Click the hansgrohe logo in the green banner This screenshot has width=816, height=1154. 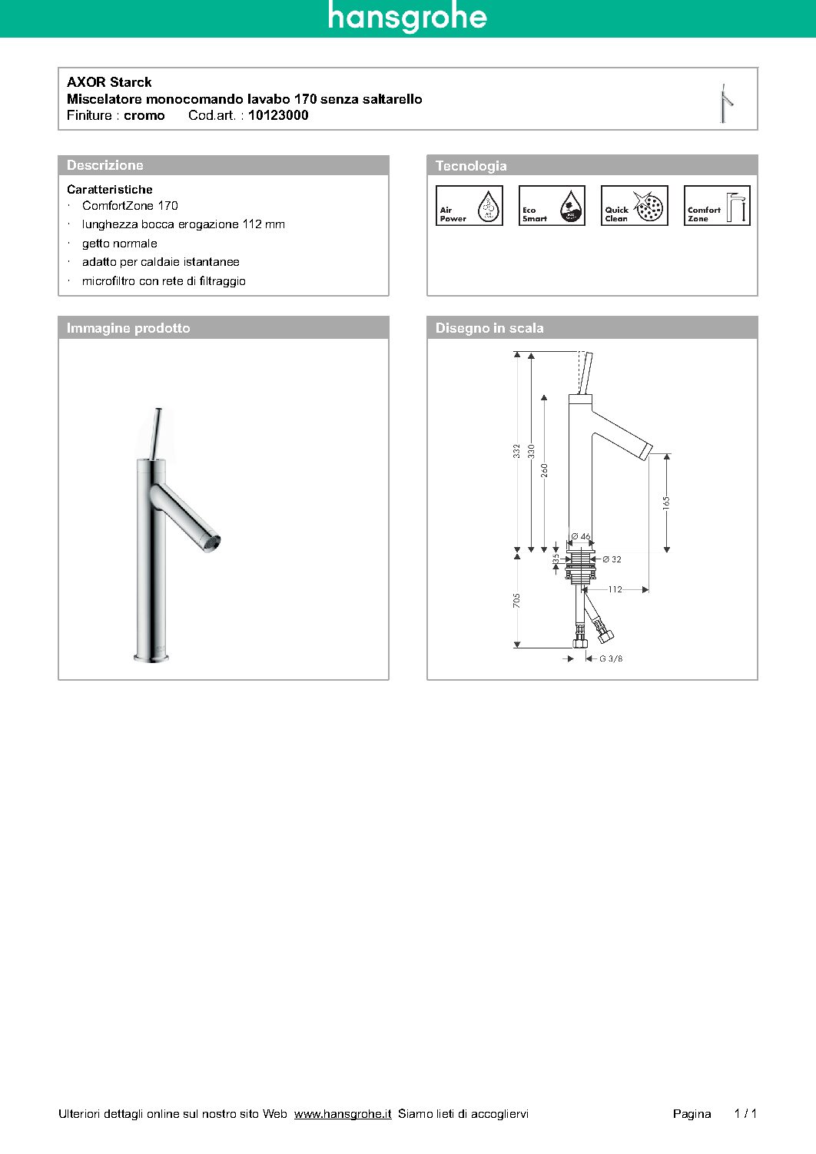pos(407,18)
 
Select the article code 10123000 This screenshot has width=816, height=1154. pos(278,115)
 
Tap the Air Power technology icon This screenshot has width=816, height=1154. pos(469,206)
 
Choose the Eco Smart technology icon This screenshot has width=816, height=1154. pos(552,206)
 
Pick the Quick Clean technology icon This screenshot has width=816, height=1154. pos(634,206)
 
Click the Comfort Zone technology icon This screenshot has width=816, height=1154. pos(717,206)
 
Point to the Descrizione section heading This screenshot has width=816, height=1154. pos(105,165)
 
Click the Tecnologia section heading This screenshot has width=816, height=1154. pos(471,166)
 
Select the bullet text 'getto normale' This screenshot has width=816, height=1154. pos(120,244)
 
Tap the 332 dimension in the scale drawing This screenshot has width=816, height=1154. pos(517,451)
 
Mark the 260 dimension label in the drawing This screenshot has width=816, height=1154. pos(545,469)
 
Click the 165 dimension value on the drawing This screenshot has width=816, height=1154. pos(666,502)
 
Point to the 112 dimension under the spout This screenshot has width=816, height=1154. pos(615,589)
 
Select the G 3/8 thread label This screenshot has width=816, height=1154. pos(611,658)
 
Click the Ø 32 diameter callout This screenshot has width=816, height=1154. pos(612,559)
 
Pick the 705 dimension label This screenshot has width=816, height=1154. pos(517,600)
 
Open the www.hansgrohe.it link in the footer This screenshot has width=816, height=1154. pos(343,1113)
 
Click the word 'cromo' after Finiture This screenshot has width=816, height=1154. pos(144,115)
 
